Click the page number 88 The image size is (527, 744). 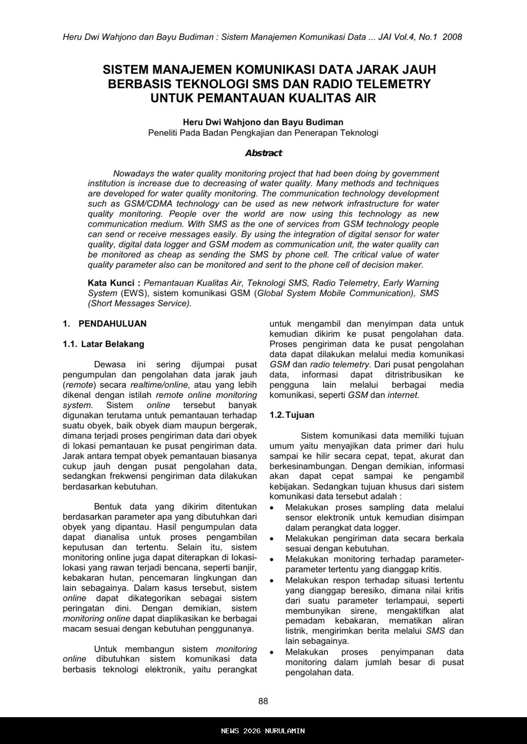263,701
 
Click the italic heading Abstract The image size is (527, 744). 263,153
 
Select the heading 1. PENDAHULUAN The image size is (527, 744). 104,324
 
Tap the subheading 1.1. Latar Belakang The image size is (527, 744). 103,344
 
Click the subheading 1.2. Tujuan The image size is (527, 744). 292,415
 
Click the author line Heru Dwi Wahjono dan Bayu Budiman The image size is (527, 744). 263,122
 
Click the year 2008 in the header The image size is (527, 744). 452,37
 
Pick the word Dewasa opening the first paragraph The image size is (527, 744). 110,364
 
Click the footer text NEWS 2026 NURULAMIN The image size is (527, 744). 263,731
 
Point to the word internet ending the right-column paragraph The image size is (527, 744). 403,395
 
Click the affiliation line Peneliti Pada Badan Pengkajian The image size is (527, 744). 263,133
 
